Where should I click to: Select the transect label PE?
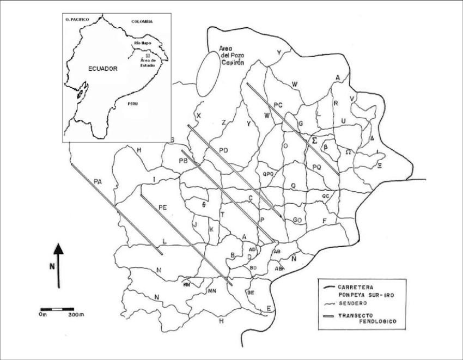click(162, 208)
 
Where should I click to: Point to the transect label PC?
click(278, 104)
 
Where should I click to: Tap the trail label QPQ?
click(267, 174)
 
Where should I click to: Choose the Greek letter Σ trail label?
click(314, 140)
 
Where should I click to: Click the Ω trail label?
click(348, 152)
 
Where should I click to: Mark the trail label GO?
click(297, 219)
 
